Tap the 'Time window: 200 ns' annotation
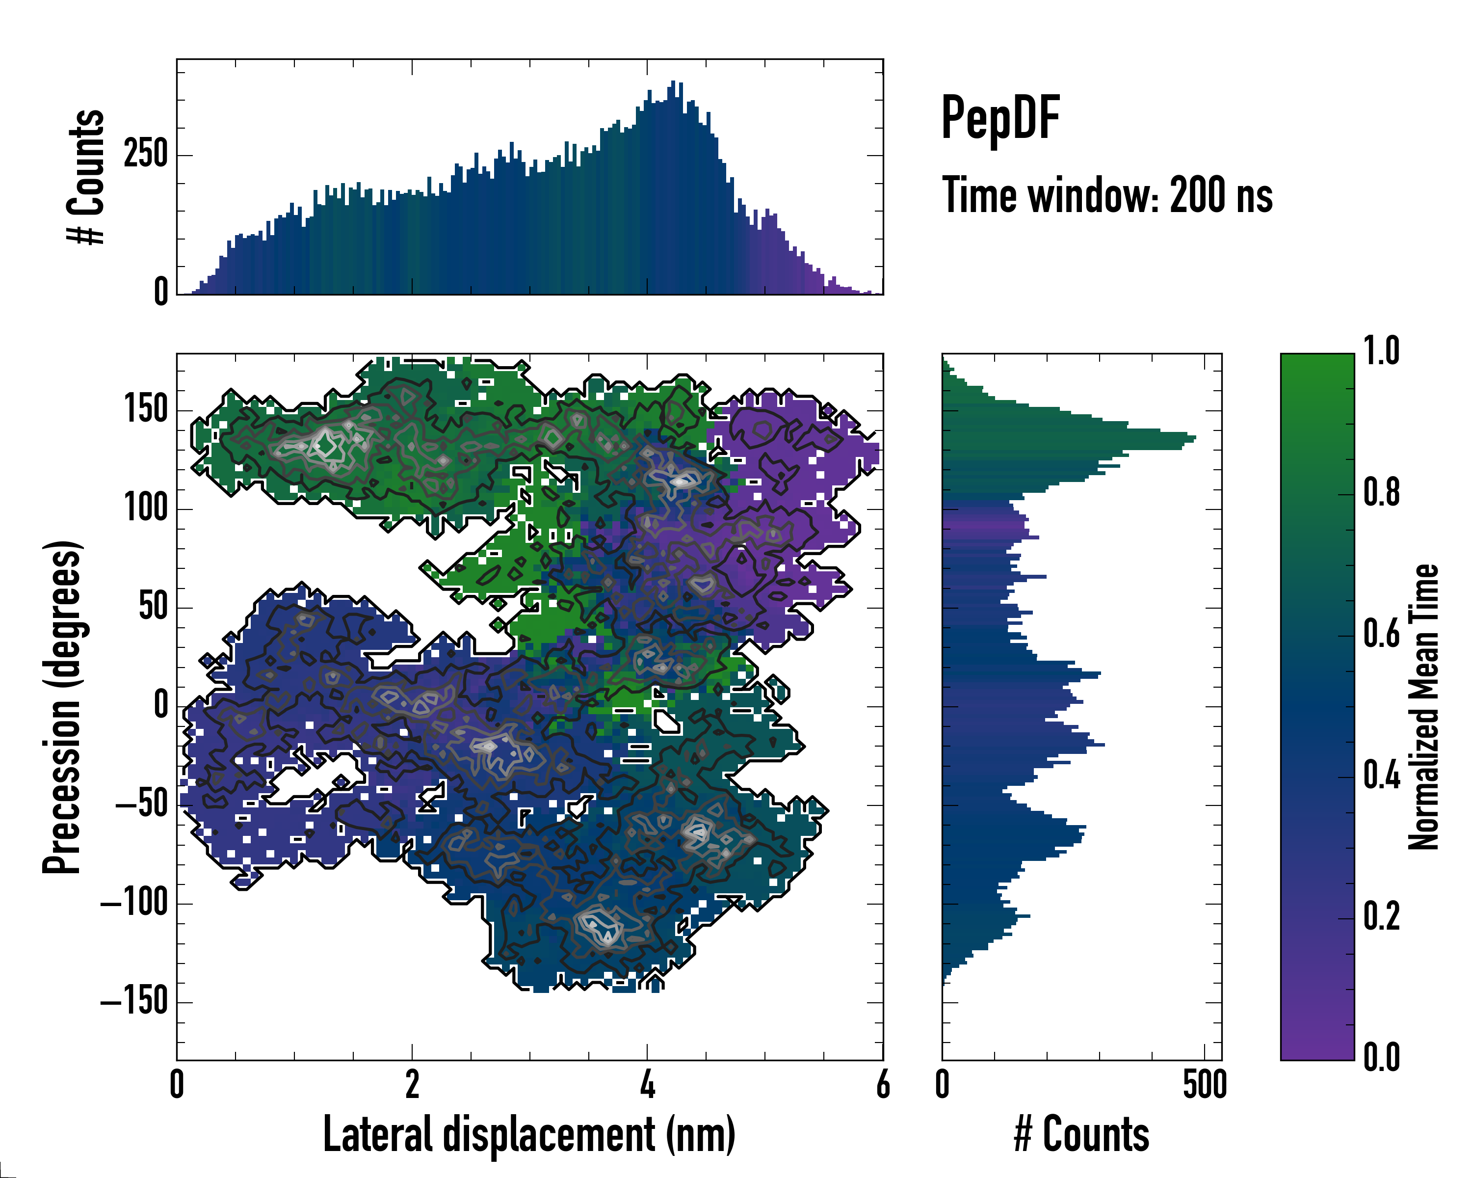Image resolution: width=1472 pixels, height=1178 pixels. tap(1107, 195)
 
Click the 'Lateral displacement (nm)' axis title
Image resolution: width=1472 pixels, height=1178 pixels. tap(529, 1134)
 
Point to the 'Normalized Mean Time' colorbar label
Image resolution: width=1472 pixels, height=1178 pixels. tap(1423, 707)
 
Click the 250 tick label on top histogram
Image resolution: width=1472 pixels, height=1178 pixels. tap(145, 154)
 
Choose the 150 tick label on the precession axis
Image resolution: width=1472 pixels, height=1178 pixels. tap(145, 410)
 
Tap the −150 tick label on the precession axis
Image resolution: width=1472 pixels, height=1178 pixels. tap(134, 1002)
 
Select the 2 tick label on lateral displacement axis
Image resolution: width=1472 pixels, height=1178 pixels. tap(412, 1084)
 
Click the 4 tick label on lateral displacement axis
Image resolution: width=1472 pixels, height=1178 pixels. tap(647, 1084)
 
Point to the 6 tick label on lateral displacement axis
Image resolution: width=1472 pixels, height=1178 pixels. tap(882, 1084)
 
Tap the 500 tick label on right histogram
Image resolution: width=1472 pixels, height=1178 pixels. tap(1205, 1084)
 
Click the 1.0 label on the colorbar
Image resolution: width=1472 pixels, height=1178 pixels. tap(1381, 351)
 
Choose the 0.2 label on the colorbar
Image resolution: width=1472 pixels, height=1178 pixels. tap(1381, 916)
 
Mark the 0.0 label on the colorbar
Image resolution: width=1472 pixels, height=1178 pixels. tap(1381, 1057)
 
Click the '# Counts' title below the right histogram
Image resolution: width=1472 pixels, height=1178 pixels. tap(1081, 1134)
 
